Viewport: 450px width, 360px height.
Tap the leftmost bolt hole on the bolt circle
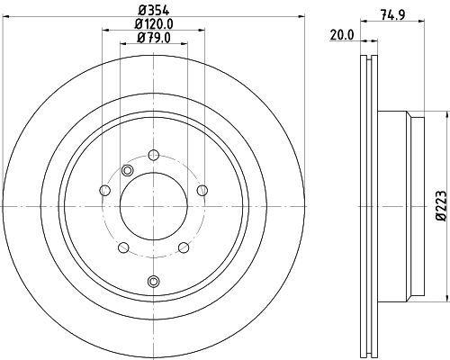[x=105, y=189]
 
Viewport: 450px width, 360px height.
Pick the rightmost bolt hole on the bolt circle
[x=202, y=189]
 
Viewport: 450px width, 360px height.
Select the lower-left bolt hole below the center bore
[x=123, y=246]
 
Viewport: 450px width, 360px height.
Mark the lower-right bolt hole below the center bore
[x=183, y=246]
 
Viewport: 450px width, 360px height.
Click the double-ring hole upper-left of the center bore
[x=127, y=172]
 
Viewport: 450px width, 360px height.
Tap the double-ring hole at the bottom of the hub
[x=153, y=282]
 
